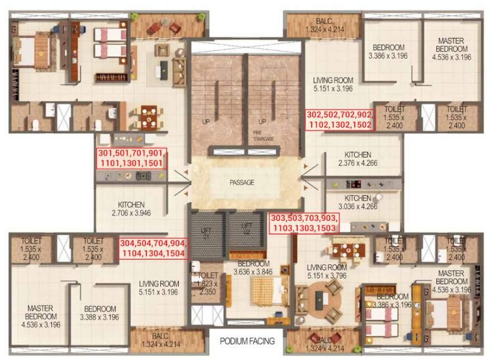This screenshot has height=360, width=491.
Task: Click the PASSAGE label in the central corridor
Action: click(241, 183)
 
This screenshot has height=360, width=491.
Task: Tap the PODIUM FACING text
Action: click(247, 341)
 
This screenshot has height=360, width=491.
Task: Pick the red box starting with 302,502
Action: click(339, 120)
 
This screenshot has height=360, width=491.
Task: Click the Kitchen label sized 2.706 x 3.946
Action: click(131, 209)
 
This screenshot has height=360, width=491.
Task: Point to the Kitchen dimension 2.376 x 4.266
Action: click(357, 159)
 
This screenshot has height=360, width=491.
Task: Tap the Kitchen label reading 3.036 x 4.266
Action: click(357, 202)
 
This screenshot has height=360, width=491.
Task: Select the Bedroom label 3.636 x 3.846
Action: click(254, 268)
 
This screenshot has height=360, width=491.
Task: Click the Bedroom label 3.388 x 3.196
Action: click(100, 313)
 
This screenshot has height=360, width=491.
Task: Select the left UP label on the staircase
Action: click(206, 121)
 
